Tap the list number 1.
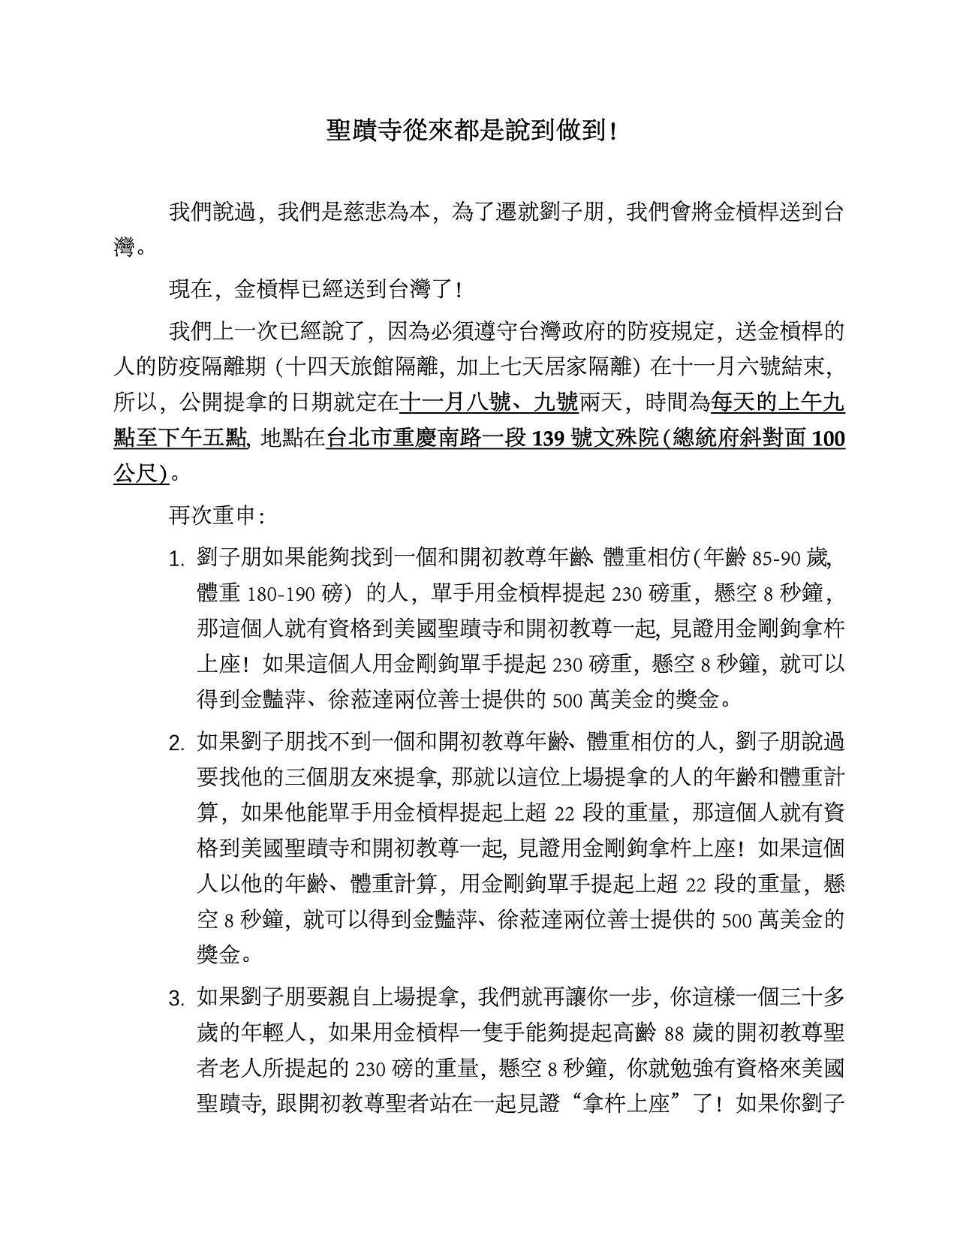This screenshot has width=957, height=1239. coord(177,560)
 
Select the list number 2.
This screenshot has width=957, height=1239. coord(177,744)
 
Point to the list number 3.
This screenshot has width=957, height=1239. coord(177,999)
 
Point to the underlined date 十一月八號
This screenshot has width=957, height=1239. coord(446,403)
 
